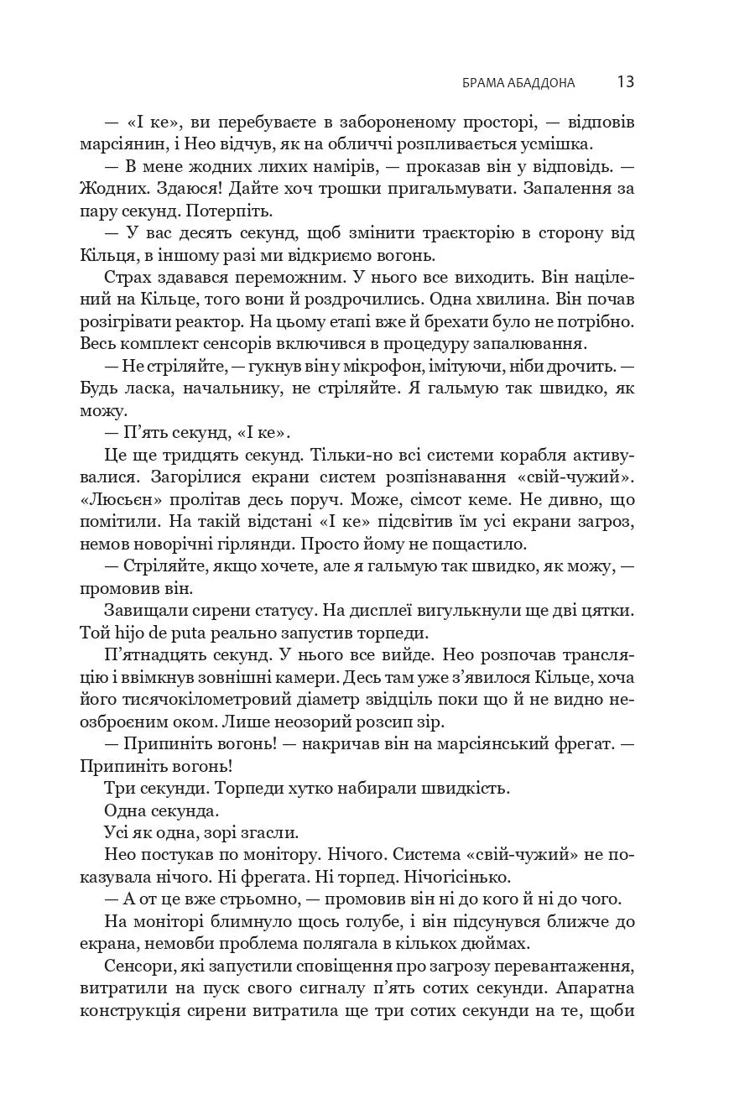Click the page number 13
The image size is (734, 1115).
(625, 81)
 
